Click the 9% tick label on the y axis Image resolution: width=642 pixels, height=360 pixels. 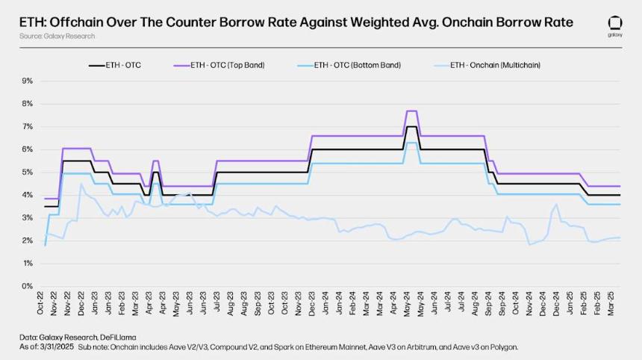[27, 81]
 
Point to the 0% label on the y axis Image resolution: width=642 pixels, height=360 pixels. [27, 286]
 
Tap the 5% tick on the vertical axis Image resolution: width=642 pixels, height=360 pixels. [27, 172]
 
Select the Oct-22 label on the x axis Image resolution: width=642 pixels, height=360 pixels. [40, 303]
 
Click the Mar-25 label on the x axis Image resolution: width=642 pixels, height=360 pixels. [611, 304]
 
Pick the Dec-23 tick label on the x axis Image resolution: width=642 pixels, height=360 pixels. [312, 303]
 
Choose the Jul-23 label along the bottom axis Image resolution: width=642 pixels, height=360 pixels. [217, 303]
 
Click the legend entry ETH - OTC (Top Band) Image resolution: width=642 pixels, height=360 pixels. [227, 65]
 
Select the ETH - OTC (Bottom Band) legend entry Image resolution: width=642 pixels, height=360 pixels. [357, 65]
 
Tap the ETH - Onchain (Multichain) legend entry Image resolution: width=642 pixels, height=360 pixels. [495, 65]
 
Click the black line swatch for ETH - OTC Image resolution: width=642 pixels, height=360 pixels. [97, 66]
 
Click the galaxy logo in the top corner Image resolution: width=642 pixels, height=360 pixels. [615, 27]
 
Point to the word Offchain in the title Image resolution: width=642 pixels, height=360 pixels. [76, 22]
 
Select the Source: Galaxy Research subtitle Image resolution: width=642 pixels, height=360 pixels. [57, 36]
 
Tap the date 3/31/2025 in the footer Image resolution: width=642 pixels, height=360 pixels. [57, 347]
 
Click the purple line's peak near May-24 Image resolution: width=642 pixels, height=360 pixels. [411, 111]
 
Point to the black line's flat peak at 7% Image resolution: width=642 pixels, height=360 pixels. [411, 126]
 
